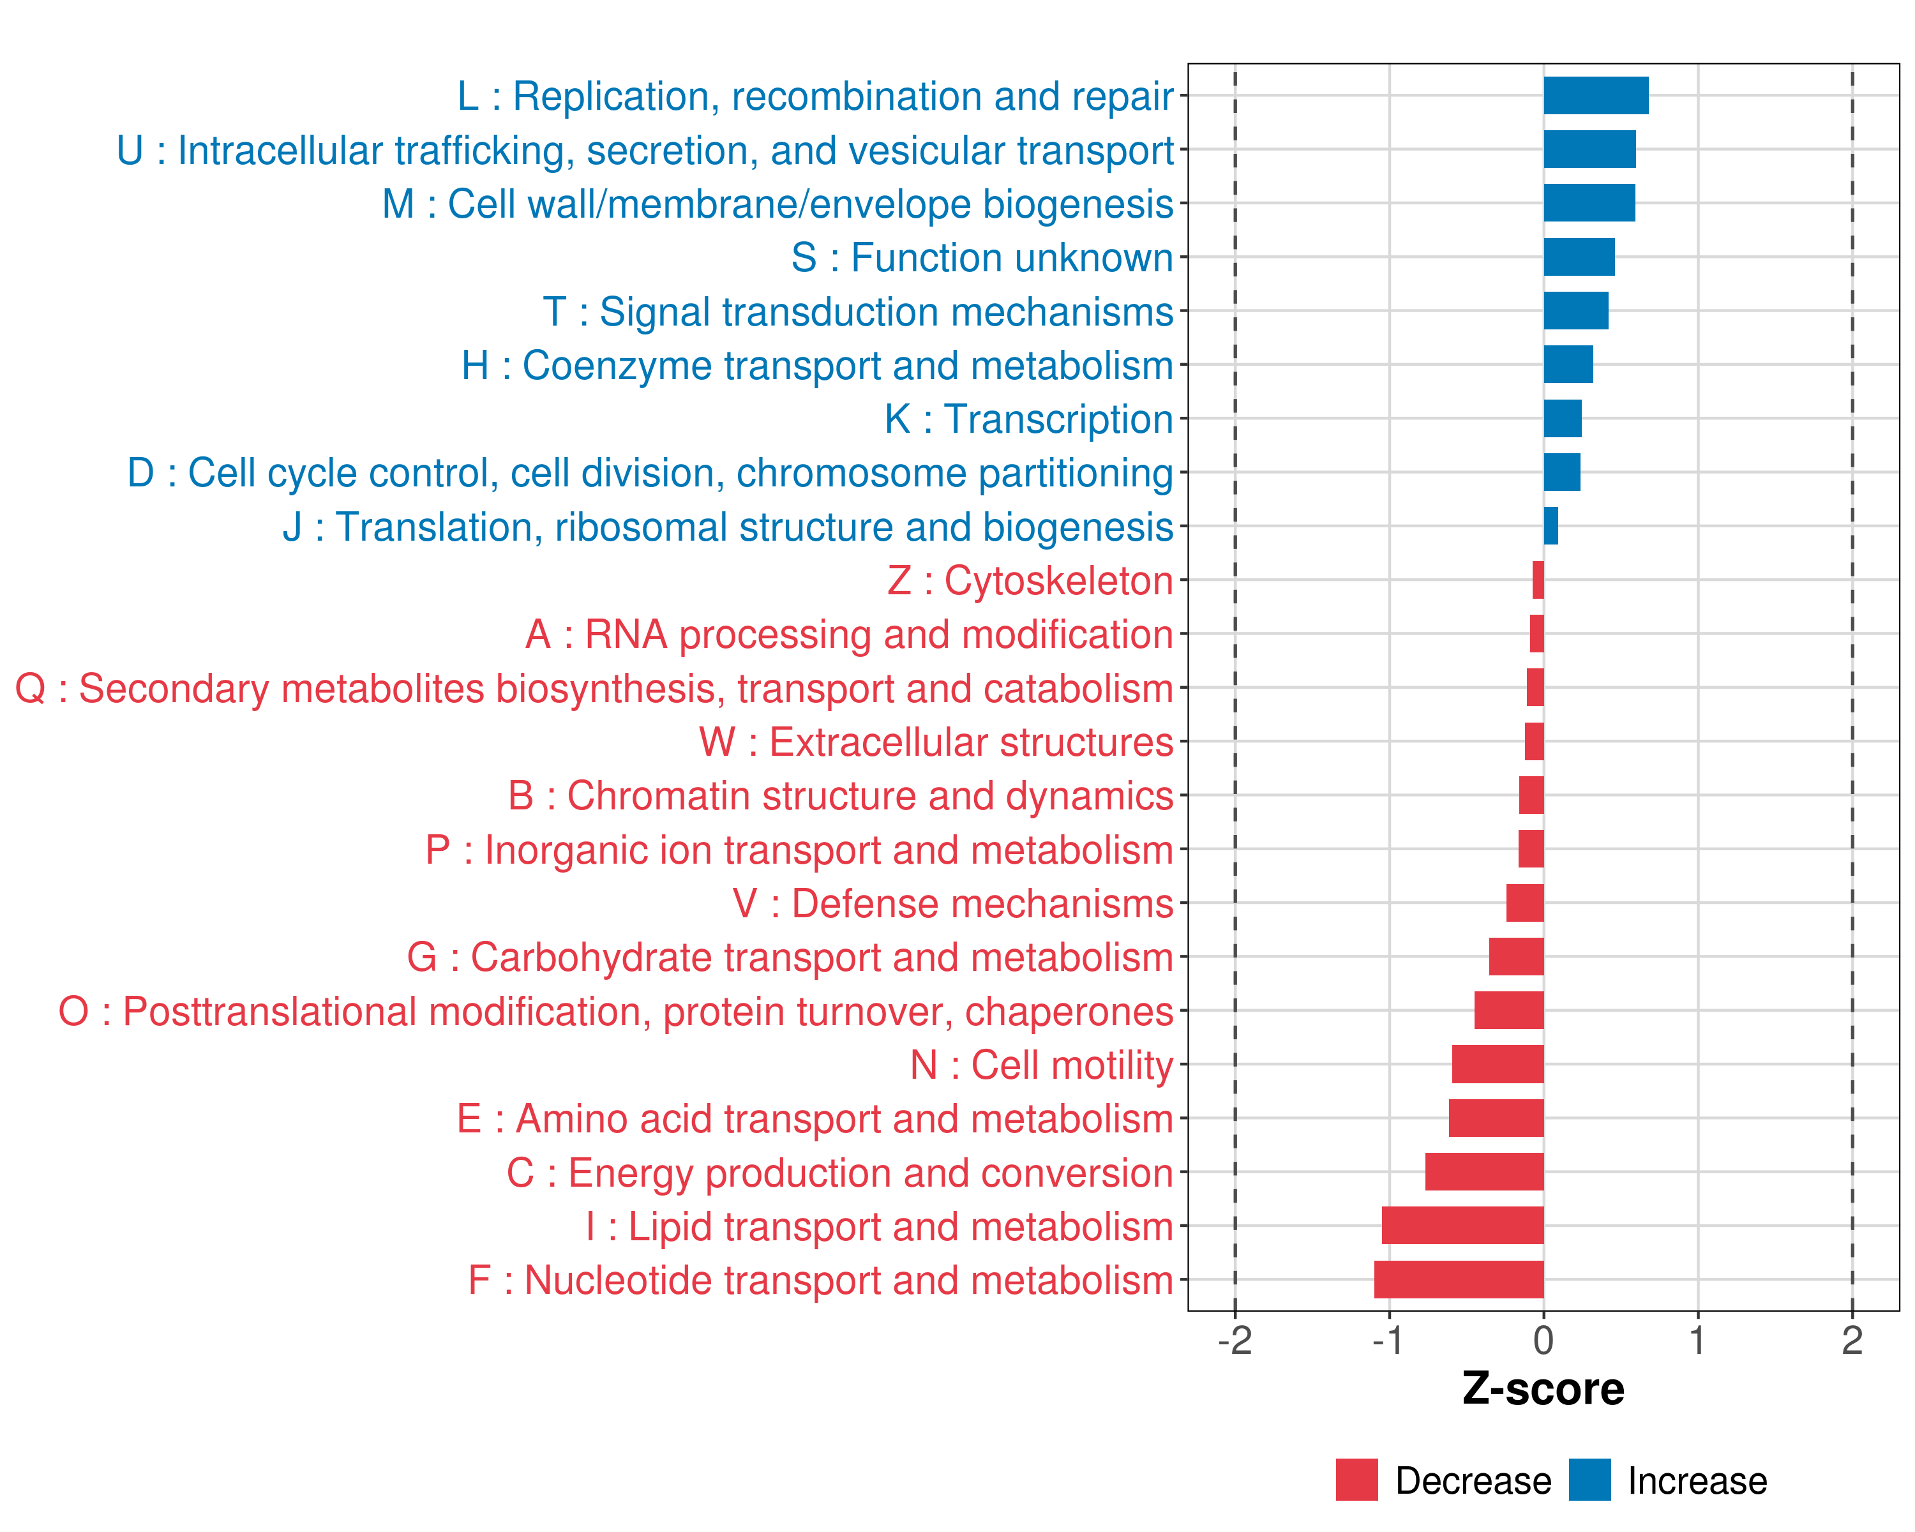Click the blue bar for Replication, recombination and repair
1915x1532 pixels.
(1595, 96)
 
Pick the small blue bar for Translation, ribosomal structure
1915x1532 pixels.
(1551, 526)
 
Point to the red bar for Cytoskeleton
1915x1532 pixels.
(1538, 580)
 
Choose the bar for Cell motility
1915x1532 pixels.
(1498, 1064)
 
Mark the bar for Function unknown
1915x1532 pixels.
(1579, 257)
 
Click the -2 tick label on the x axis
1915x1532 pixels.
(1234, 1340)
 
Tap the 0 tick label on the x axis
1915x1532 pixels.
(1543, 1340)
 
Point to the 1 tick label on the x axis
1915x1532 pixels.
(1697, 1340)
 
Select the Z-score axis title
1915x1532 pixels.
(1543, 1389)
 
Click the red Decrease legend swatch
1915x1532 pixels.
(1356, 1480)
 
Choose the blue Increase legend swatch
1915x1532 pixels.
(1589, 1480)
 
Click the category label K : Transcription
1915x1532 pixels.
(1028, 419)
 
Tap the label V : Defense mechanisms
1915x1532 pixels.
(952, 903)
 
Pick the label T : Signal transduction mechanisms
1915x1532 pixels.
(857, 312)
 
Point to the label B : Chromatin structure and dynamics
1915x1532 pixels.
(840, 796)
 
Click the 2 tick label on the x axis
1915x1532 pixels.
(1852, 1340)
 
